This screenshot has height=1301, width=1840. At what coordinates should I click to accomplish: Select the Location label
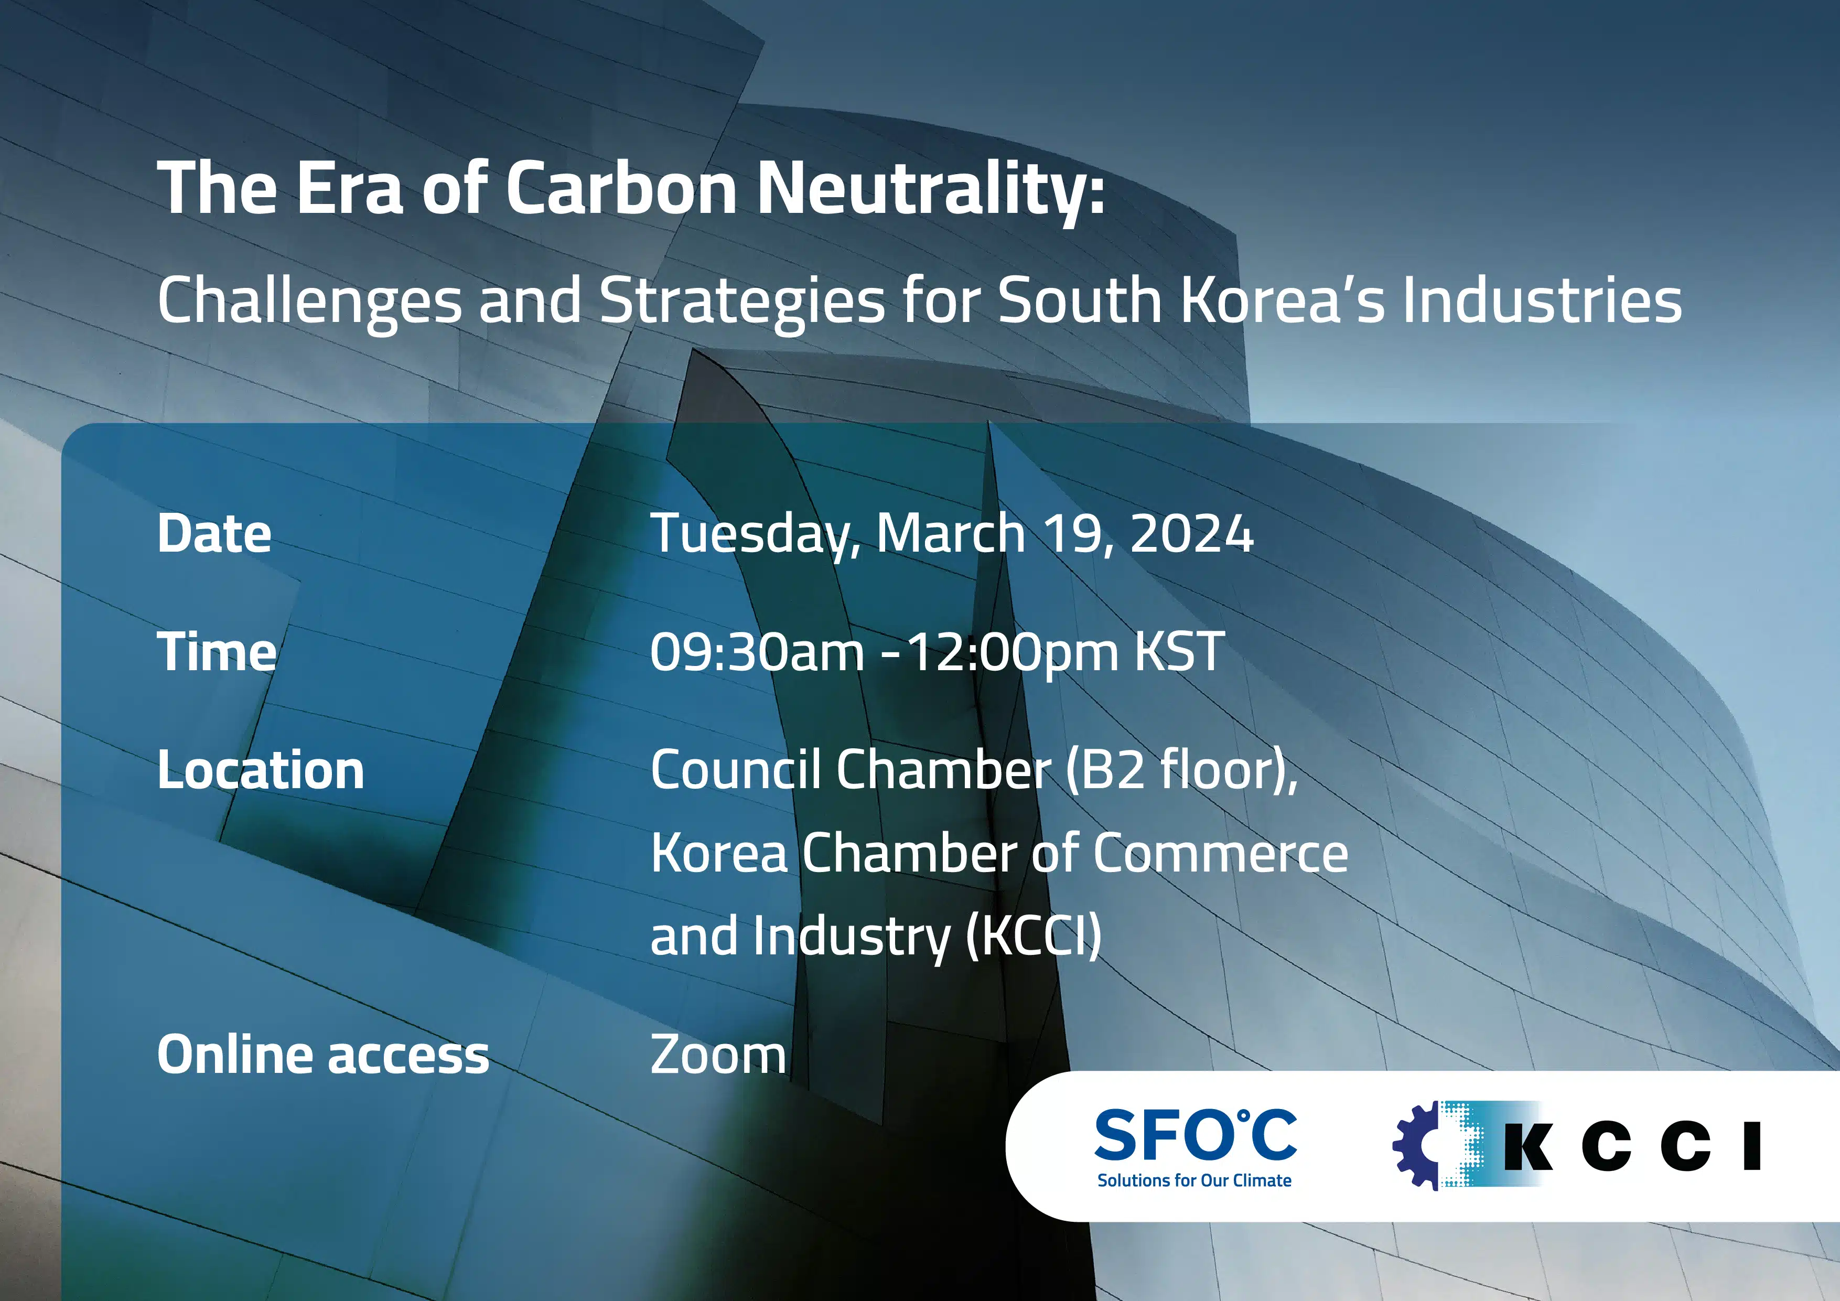pyautogui.click(x=261, y=770)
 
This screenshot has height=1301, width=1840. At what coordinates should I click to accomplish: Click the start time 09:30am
pyautogui.click(x=757, y=652)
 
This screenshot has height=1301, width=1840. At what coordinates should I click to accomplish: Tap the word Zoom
pyautogui.click(x=718, y=1055)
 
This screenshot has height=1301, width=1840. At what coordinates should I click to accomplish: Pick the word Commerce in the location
pyautogui.click(x=1221, y=853)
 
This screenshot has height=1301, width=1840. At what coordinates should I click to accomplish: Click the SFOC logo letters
pyautogui.click(x=1195, y=1134)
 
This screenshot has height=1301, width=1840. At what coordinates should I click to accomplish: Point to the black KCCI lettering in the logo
pyautogui.click(x=1632, y=1146)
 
